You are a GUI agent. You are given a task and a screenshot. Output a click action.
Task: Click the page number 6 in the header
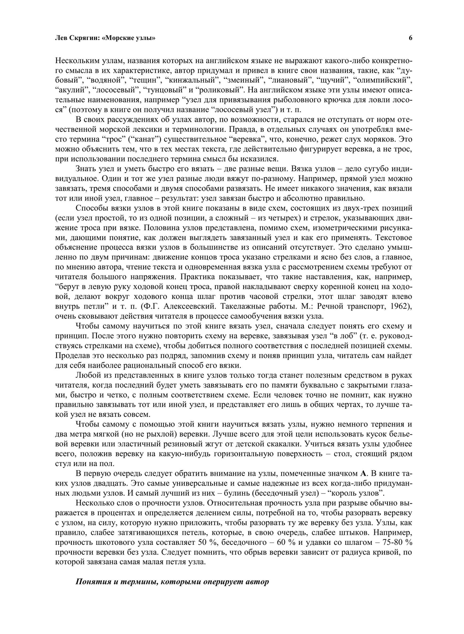coord(410,39)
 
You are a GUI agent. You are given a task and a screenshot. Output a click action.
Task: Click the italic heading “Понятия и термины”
coord(116,581)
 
